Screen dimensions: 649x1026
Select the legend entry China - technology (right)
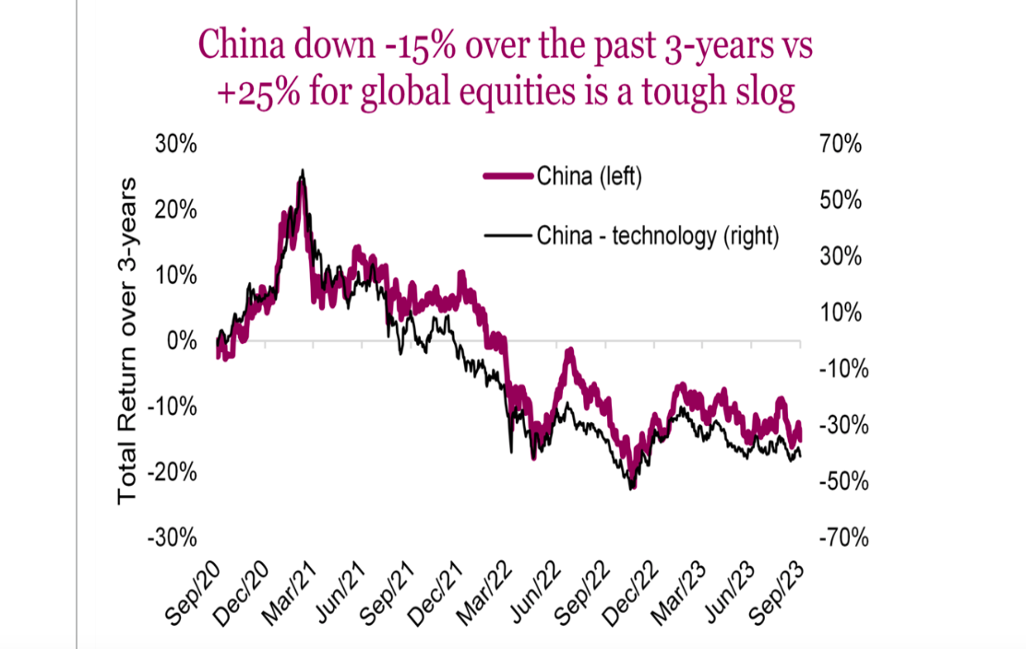[657, 236]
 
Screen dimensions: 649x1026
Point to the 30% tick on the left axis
[175, 145]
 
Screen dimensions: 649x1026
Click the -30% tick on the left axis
[173, 537]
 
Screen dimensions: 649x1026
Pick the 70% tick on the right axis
[840, 145]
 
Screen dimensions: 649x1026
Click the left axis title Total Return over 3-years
[127, 341]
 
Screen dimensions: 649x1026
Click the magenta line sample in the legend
[508, 176]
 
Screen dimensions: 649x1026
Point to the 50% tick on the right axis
[840, 201]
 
